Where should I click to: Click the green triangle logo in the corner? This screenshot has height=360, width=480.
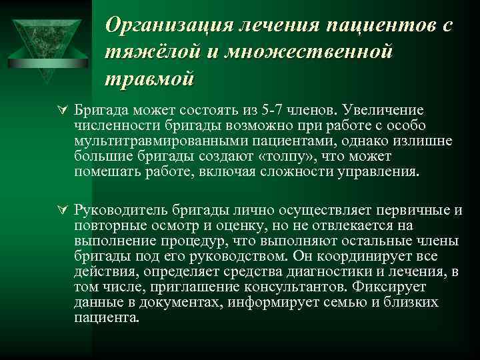point(45,40)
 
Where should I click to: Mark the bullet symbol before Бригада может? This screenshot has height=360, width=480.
point(61,109)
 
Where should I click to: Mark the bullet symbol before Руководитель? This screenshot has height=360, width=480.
point(61,210)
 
